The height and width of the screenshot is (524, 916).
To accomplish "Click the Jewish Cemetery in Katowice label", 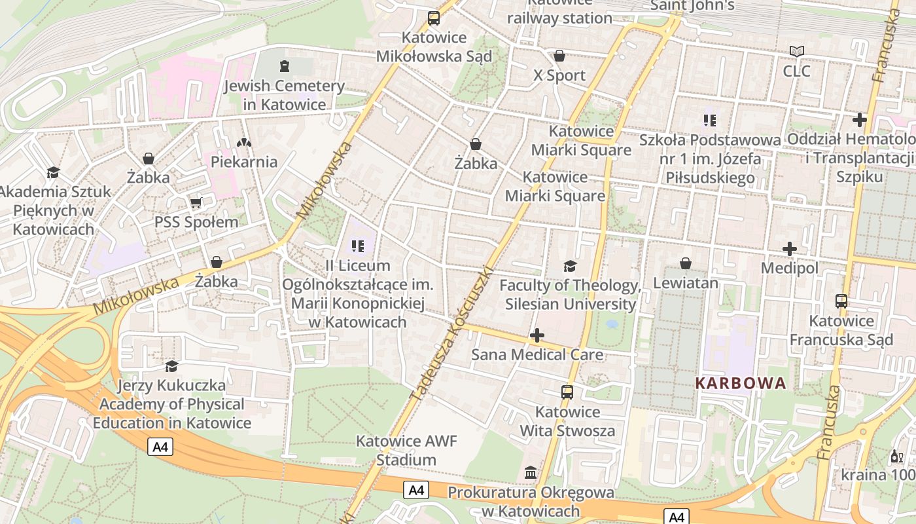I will (284, 95).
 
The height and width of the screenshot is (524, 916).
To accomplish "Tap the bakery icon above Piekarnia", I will (244, 142).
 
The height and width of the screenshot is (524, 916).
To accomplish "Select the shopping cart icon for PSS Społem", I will (196, 203).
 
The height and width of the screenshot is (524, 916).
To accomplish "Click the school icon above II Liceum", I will (357, 246).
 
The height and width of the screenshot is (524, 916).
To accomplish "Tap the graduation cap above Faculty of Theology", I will (570, 266).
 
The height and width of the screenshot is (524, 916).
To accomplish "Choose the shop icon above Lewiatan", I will (685, 263).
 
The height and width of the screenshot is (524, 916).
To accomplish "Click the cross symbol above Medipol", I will (790, 249).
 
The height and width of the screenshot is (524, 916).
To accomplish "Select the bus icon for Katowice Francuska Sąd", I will (841, 301).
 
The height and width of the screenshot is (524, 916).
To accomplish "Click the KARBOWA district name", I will (740, 384).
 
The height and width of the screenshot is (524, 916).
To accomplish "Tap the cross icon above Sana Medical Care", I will (537, 336).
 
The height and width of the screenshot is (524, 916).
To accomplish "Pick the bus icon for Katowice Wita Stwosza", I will (567, 392).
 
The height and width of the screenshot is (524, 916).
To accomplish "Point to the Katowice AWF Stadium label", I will (406, 451).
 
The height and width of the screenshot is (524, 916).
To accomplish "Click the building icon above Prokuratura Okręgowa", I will (531, 472).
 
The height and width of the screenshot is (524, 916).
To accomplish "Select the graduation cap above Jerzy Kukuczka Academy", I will (171, 366).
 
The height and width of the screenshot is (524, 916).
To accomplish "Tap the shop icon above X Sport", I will (559, 56).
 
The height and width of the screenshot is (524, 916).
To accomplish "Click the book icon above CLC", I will (796, 51).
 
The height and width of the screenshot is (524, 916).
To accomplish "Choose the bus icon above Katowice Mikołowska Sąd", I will (434, 18).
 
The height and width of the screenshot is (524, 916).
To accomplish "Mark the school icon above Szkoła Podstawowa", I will (710, 121).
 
